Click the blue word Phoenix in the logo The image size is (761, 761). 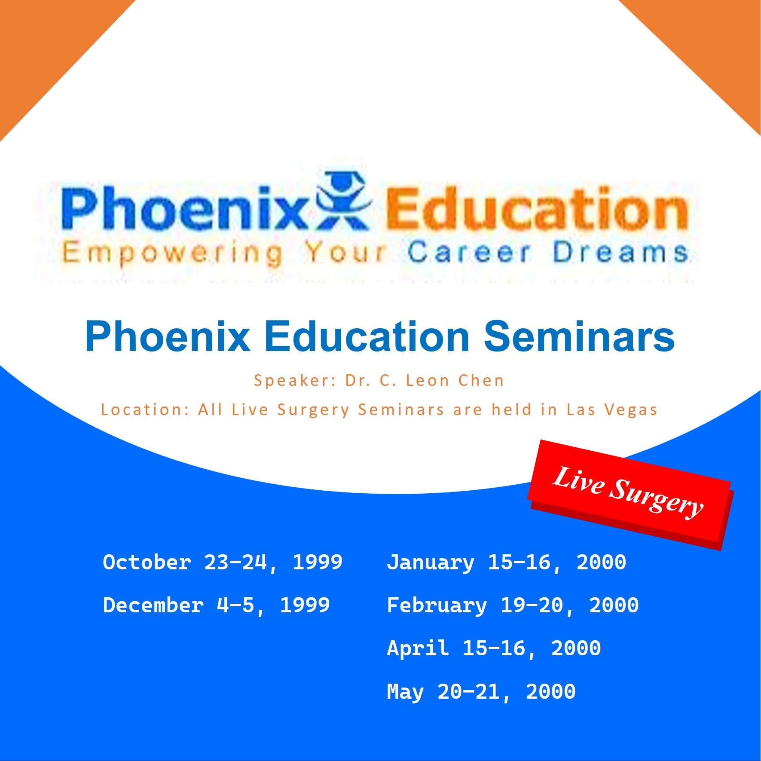[185, 208]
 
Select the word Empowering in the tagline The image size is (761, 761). [173, 254]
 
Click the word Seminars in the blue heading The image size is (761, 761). [579, 336]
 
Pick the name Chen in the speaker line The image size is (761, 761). [481, 380]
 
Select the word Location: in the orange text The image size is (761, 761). [145, 410]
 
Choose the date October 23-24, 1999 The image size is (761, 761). [223, 562]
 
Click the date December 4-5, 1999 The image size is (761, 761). [217, 605]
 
